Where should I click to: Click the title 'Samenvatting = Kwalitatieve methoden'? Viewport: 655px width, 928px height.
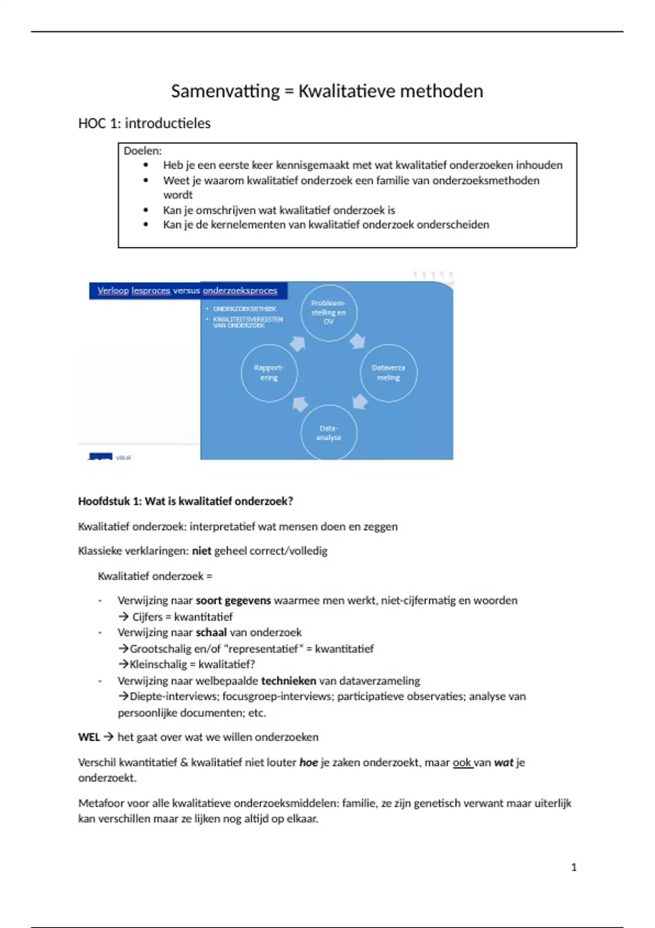[x=327, y=91]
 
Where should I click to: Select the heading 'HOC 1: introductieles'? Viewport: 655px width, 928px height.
[x=144, y=123]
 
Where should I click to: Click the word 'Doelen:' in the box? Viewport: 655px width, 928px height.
[x=142, y=151]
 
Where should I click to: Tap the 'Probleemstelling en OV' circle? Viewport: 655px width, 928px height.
[x=329, y=313]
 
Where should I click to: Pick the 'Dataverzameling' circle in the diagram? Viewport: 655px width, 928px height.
[x=388, y=373]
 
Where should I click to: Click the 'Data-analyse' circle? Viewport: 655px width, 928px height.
[x=329, y=432]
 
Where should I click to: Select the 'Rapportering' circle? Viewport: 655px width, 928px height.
[x=269, y=373]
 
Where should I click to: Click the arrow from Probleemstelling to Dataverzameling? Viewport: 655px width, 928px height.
[x=358, y=341]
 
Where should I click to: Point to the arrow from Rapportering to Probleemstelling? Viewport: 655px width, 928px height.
[x=298, y=343]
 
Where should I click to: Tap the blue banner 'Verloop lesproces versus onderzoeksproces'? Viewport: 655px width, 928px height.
[x=187, y=290]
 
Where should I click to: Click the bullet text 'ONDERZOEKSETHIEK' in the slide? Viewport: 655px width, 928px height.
[x=245, y=309]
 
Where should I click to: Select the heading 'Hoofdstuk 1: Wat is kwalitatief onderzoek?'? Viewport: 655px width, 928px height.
[x=186, y=501]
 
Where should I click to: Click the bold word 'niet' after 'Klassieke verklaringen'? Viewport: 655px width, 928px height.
[x=201, y=551]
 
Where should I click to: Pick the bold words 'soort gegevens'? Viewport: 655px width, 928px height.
[x=233, y=600]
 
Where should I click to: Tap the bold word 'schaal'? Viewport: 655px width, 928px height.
[x=211, y=632]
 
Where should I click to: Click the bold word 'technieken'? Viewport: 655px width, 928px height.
[x=289, y=681]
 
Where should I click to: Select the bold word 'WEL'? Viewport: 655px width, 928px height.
[x=89, y=737]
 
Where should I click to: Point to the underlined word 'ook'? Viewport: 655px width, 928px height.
[x=462, y=762]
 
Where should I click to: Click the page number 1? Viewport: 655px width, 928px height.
[x=574, y=867]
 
